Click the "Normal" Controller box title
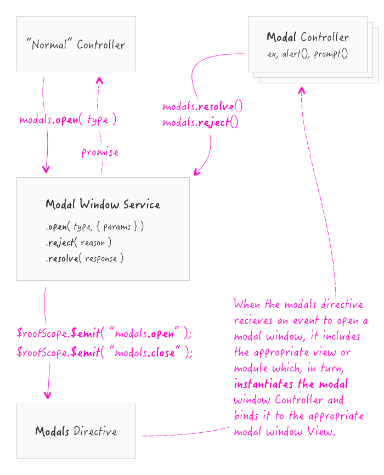tap(76, 45)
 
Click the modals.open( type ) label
tap(68, 120)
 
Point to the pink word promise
tap(100, 152)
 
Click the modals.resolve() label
tap(202, 106)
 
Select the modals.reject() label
tap(200, 122)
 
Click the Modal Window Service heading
tap(103, 205)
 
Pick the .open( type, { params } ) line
tap(94, 226)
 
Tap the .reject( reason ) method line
tap(78, 242)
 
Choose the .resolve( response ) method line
tap(84, 258)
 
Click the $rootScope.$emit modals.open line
tap(104, 333)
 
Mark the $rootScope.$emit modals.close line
tap(105, 353)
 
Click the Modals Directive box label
tap(76, 431)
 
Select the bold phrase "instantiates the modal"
tap(291, 383)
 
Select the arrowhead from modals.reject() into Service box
tap(196, 173)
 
